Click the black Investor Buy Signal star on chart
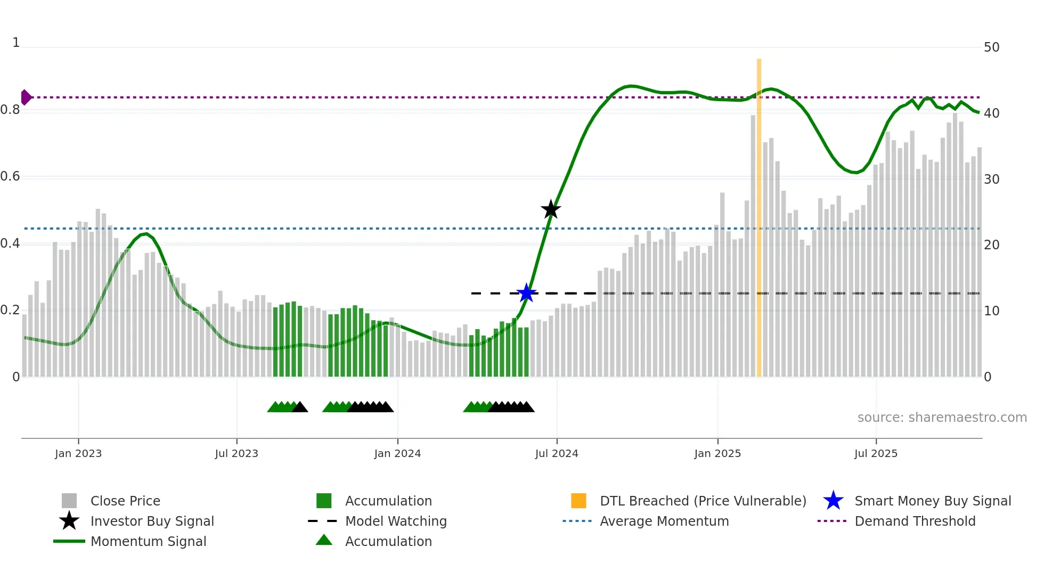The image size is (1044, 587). pos(551,209)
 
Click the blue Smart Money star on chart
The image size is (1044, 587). pos(526,293)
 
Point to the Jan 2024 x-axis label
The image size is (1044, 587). pos(397,453)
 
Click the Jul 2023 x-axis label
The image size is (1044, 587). pos(236,453)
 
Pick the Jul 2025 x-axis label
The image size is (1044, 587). pos(876,453)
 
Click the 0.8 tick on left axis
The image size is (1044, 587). pos(10,110)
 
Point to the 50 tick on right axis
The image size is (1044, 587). pos(991,47)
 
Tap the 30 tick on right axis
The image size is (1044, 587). pos(991,179)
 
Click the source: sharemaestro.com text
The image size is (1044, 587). pos(942,418)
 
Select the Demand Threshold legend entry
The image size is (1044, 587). pos(915,521)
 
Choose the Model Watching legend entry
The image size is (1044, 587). pos(396,521)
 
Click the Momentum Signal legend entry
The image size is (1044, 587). pos(148,541)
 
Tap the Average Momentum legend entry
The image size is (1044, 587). pos(664,521)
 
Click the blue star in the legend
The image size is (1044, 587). pos(833,501)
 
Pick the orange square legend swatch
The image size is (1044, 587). pos(578,501)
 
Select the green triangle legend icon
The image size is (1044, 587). pos(324,541)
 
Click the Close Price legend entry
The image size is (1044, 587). pos(125,501)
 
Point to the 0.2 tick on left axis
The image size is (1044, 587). pos(10,310)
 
